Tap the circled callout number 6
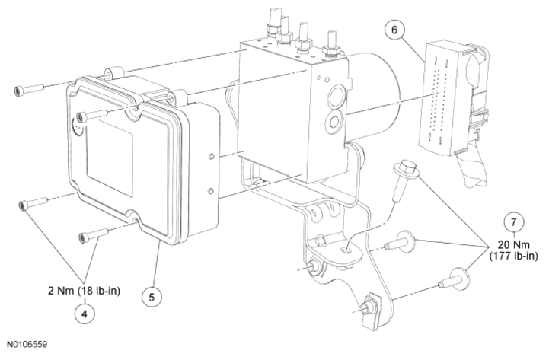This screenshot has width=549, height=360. click(394, 30)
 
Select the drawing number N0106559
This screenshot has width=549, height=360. click(28, 345)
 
